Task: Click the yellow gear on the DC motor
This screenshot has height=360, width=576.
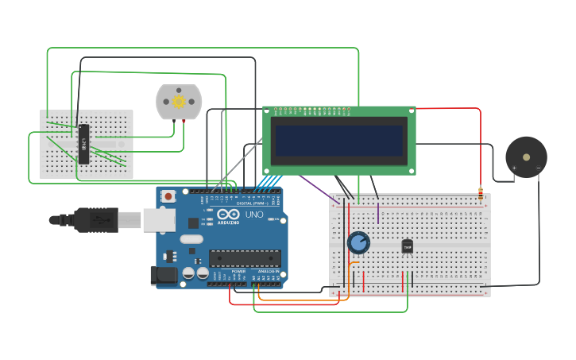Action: [179, 102]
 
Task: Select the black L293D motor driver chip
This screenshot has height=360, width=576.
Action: [83, 144]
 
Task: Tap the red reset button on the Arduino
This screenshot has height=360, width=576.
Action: [168, 197]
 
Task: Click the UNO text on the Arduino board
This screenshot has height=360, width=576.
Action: [253, 215]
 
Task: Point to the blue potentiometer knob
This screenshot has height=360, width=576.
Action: [358, 242]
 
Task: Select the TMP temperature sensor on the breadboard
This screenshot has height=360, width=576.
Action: [408, 246]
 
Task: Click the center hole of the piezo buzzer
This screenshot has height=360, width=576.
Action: [526, 157]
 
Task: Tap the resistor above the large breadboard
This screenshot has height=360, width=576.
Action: [481, 192]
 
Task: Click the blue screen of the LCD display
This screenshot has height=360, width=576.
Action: [339, 140]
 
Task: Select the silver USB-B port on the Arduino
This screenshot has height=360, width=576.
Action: [159, 220]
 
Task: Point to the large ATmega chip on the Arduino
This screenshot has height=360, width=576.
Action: [245, 258]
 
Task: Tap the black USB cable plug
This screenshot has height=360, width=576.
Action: [95, 219]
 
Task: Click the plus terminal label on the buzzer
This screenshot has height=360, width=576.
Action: [514, 168]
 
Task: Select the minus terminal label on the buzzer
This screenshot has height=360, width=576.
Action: [538, 168]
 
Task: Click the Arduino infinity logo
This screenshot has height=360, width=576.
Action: [228, 215]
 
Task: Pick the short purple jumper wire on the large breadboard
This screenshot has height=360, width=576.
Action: [378, 213]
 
